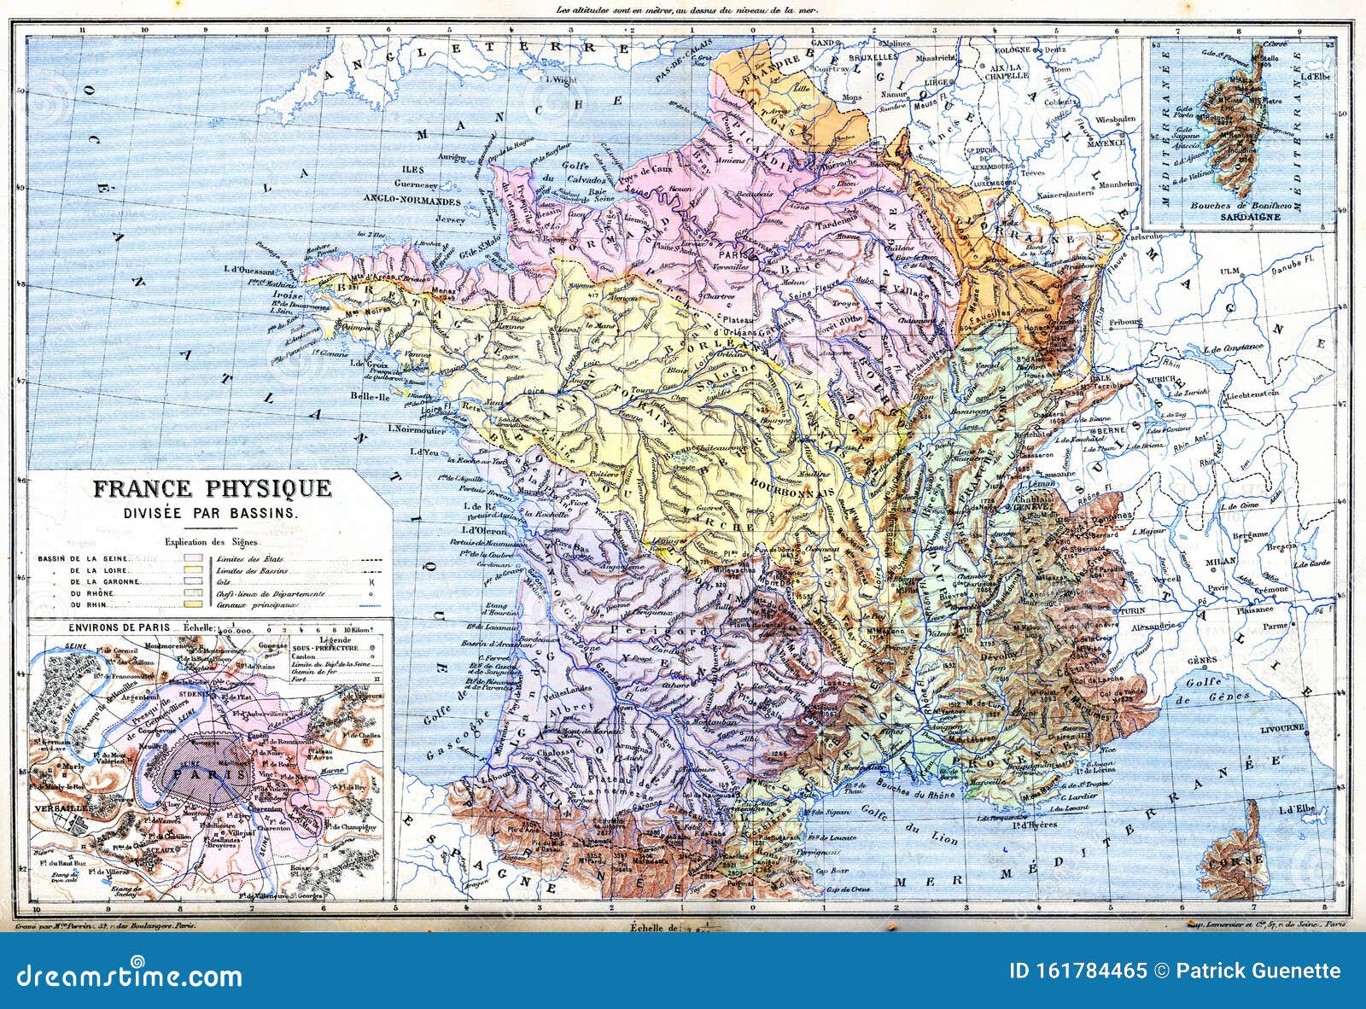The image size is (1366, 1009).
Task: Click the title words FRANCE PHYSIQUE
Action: pyautogui.click(x=211, y=489)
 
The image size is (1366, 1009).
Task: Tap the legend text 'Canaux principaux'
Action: pyautogui.click(x=257, y=605)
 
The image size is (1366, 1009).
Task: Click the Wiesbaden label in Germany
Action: pyautogui.click(x=1119, y=119)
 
